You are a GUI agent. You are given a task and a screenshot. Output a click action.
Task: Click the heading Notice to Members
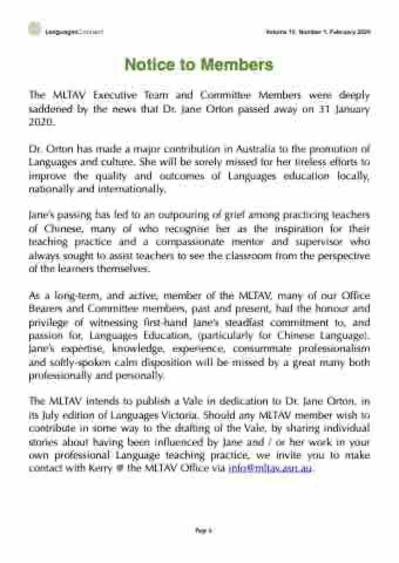point(199,65)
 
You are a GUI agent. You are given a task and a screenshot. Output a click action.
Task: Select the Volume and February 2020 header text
point(318,31)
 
